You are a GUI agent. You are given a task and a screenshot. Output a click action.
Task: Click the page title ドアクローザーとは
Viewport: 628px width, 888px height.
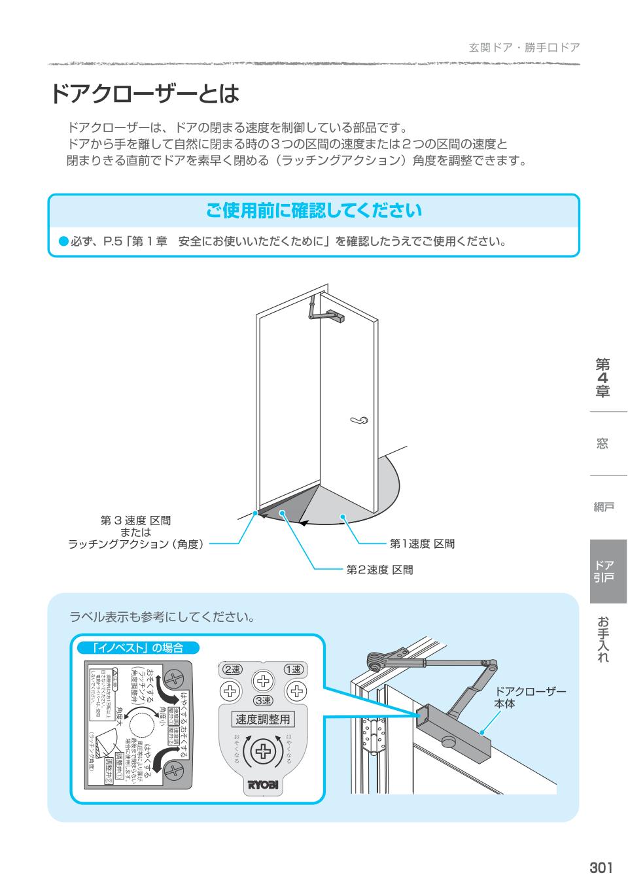click(x=145, y=94)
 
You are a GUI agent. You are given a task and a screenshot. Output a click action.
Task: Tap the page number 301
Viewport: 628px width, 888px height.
click(x=601, y=868)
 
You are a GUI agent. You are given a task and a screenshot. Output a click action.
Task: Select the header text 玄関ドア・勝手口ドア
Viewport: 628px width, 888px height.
click(x=524, y=48)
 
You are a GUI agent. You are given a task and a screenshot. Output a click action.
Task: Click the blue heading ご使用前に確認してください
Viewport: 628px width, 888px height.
click(x=314, y=211)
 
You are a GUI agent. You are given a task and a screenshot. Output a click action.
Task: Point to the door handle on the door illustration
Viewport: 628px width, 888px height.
click(x=358, y=420)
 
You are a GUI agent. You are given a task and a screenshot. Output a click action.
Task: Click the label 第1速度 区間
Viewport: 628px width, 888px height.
click(x=422, y=543)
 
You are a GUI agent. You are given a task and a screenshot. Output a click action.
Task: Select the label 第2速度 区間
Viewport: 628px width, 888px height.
click(x=379, y=570)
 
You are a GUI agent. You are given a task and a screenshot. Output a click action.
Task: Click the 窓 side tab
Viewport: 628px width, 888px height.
click(x=602, y=444)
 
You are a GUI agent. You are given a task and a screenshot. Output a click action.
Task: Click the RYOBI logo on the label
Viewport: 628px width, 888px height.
click(x=262, y=785)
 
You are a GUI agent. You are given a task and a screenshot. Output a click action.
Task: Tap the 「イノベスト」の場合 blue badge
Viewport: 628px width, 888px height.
click(x=137, y=648)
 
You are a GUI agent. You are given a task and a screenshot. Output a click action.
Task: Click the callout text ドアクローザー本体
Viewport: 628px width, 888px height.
click(x=530, y=698)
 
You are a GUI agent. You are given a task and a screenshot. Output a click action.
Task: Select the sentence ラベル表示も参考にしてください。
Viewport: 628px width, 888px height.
click(x=162, y=617)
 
